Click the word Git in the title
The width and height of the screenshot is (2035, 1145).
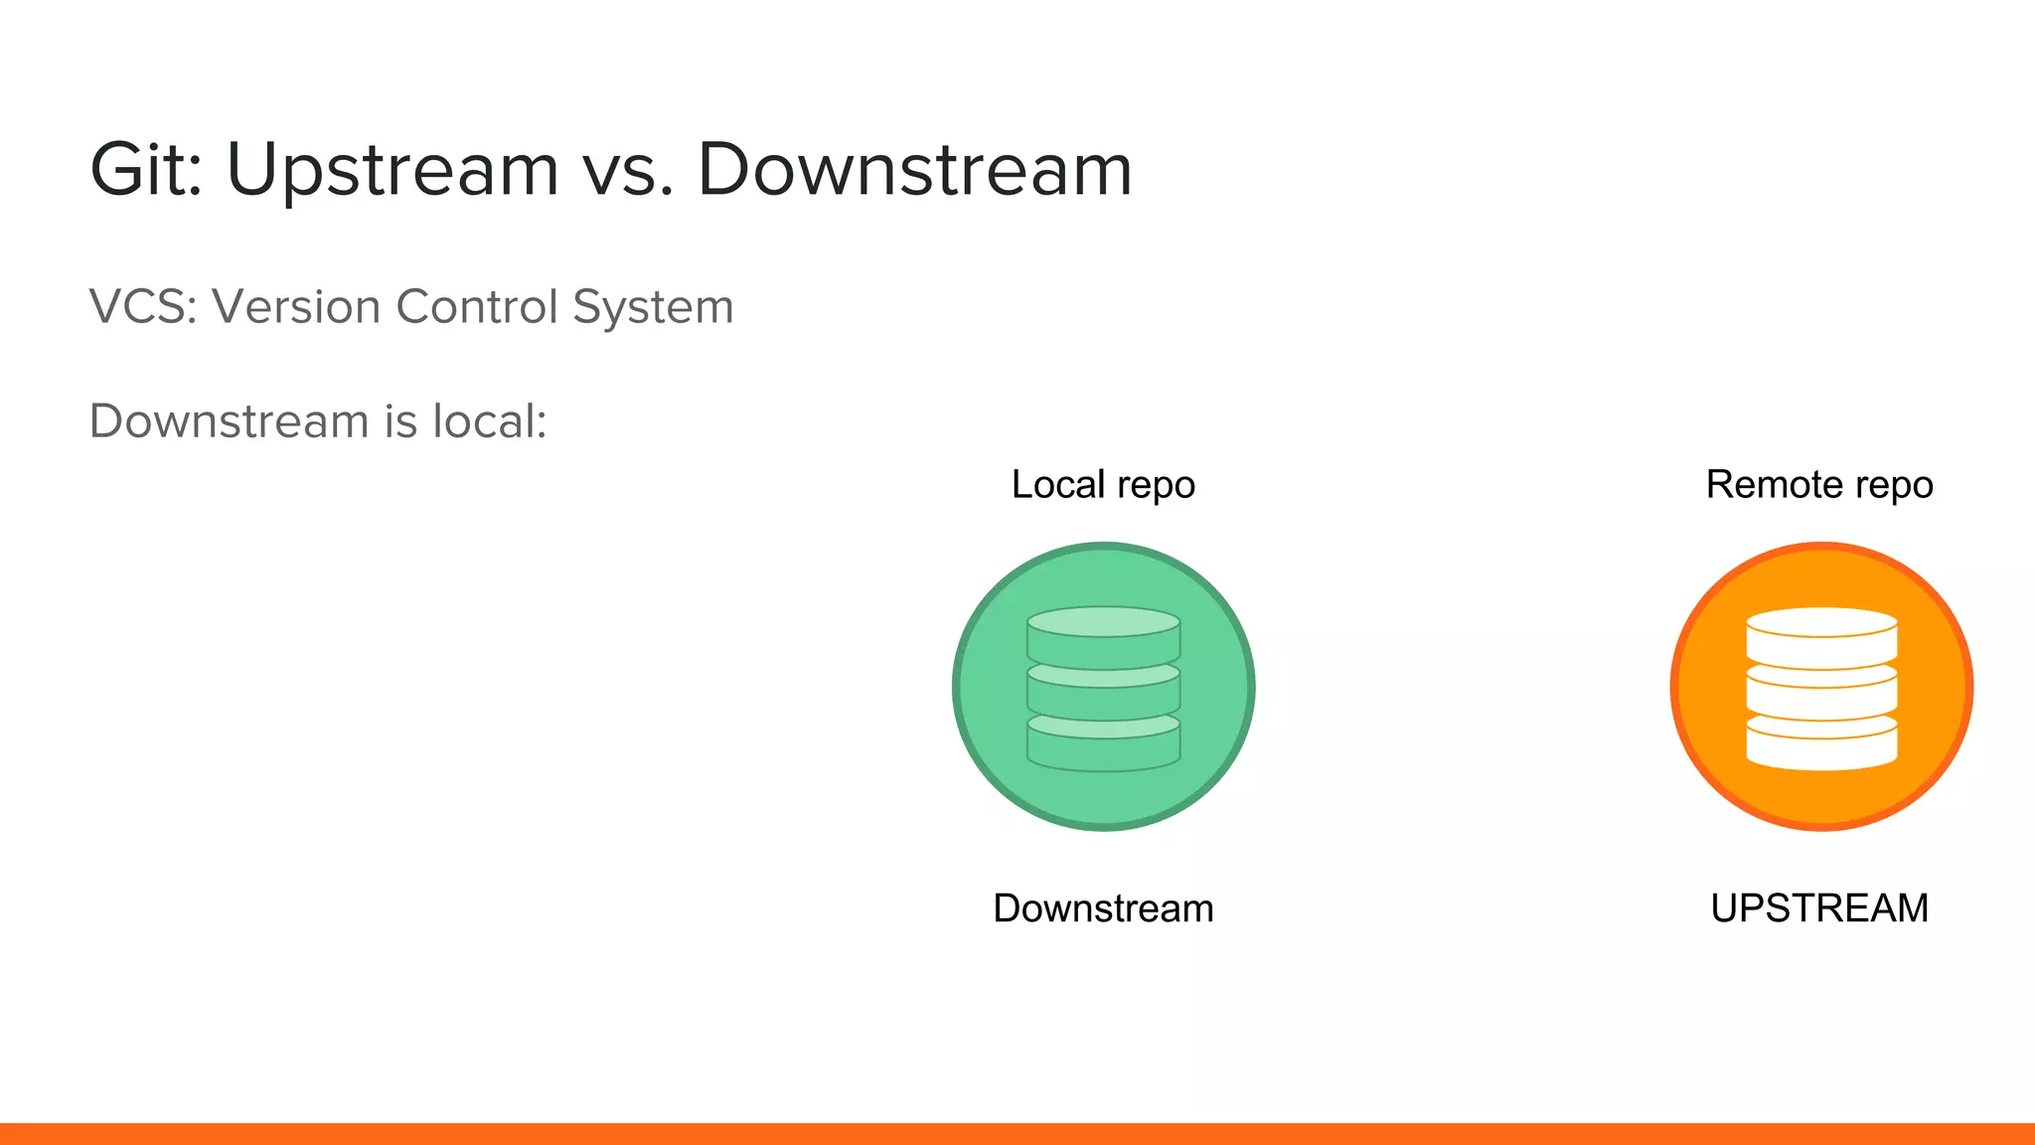[x=144, y=169]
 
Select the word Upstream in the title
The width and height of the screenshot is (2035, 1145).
[x=392, y=171]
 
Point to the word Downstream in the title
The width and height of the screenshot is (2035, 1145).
[x=914, y=169]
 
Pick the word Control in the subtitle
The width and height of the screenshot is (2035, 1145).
[x=476, y=306]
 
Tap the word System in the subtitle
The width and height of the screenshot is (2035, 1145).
[x=653, y=306]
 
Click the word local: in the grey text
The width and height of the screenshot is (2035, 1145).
[x=489, y=420]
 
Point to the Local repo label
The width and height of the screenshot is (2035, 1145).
[x=1103, y=485]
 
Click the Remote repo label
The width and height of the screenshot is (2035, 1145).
[x=1819, y=485]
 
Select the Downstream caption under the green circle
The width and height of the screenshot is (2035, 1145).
[x=1103, y=908]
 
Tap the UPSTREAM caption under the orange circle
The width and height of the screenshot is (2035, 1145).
[x=1819, y=908]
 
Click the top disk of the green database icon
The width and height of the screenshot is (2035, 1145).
[x=1103, y=636]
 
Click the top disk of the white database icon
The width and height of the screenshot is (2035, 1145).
[x=1821, y=636]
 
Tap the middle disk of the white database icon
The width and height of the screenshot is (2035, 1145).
[x=1821, y=696]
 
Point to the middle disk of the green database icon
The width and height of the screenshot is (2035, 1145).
[x=1103, y=696]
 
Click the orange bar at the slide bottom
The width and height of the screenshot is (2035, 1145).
[x=1017, y=1134]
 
